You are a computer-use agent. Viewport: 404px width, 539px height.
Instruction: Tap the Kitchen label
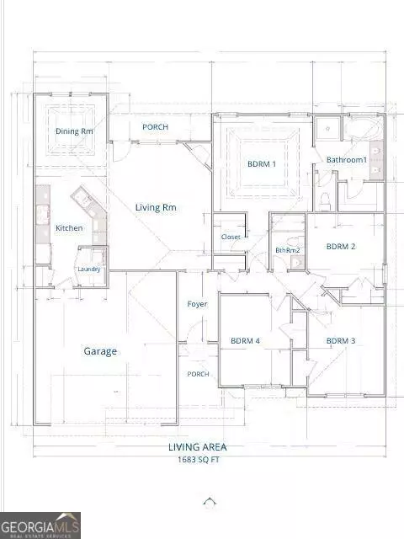(x=69, y=228)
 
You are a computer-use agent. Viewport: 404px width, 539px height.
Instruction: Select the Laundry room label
(x=89, y=269)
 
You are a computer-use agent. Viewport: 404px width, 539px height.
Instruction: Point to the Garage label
(x=100, y=351)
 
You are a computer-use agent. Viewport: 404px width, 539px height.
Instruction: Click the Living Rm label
(x=157, y=207)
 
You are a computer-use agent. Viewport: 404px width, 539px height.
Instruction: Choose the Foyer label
(x=197, y=304)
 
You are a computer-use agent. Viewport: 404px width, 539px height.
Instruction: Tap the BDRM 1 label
(x=261, y=164)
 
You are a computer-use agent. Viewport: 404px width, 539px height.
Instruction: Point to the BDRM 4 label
(x=246, y=341)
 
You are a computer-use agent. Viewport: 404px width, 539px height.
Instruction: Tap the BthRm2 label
(x=288, y=250)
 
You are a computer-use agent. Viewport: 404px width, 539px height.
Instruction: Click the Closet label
(x=231, y=237)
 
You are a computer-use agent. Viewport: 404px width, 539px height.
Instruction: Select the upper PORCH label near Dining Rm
(x=155, y=127)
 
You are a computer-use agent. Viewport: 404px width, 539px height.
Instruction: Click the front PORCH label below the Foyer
(x=198, y=374)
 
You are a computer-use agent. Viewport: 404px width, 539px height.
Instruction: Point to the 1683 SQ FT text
(x=203, y=461)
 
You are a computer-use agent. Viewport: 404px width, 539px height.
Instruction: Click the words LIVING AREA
(x=203, y=448)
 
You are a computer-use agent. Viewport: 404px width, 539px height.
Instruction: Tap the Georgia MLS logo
(x=40, y=525)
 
